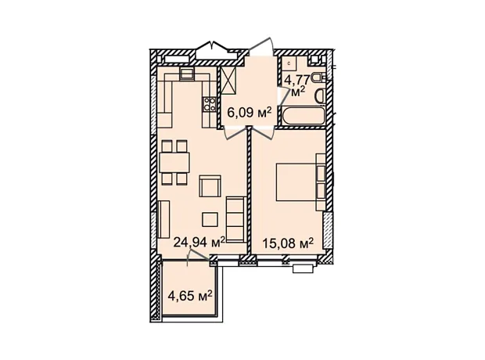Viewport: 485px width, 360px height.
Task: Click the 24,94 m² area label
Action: point(199,243)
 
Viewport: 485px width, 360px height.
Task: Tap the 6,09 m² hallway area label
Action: point(250,113)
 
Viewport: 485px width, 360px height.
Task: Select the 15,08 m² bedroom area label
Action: point(289,243)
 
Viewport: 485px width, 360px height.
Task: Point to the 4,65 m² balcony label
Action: point(190,296)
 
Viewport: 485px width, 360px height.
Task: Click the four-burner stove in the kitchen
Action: point(210,104)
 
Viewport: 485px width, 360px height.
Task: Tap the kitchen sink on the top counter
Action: point(187,74)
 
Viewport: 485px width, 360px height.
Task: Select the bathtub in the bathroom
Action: point(303,117)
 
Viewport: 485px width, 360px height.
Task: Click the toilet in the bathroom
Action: point(318,77)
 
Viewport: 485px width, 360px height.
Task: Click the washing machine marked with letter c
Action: point(289,64)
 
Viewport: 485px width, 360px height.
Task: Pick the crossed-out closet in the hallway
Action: point(229,81)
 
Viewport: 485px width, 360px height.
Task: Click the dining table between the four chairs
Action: point(174,163)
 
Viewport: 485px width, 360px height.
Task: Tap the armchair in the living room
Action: point(210,186)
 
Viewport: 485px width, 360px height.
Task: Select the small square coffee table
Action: point(210,219)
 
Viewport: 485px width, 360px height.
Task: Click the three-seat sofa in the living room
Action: point(236,218)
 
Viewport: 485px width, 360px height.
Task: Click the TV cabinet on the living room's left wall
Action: point(163,219)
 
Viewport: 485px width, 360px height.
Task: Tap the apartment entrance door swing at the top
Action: point(262,47)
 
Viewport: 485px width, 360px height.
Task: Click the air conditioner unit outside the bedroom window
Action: point(304,268)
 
